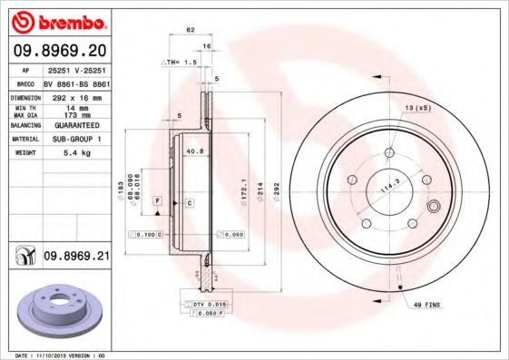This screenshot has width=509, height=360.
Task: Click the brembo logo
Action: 59,21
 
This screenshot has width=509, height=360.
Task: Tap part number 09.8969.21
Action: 76,257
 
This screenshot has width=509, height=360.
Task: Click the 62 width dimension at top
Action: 191,30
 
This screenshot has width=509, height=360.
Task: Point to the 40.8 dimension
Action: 193,151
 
